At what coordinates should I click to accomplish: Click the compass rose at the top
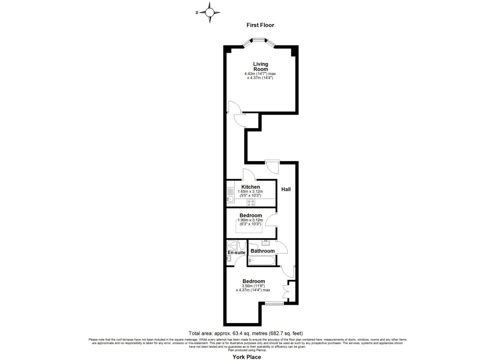209,13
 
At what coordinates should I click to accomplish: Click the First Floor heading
260,25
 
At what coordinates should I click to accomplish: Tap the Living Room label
260,66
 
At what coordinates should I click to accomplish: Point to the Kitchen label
250,187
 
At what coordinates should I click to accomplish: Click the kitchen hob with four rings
251,203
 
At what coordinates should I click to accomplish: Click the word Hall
286,189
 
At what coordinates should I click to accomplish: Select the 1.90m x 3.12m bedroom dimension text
250,220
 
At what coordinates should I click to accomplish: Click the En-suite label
236,253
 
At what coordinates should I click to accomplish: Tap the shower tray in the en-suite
232,245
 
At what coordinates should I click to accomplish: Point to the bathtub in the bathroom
261,260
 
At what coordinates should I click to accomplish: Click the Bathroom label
263,251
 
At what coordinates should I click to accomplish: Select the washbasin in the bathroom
265,242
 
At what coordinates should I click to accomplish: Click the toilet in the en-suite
243,246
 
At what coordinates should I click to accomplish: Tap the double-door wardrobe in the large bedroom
286,292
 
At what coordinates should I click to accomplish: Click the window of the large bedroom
274,303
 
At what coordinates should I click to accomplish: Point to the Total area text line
246,333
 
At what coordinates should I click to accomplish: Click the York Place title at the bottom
247,357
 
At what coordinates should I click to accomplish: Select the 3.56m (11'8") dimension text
253,286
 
